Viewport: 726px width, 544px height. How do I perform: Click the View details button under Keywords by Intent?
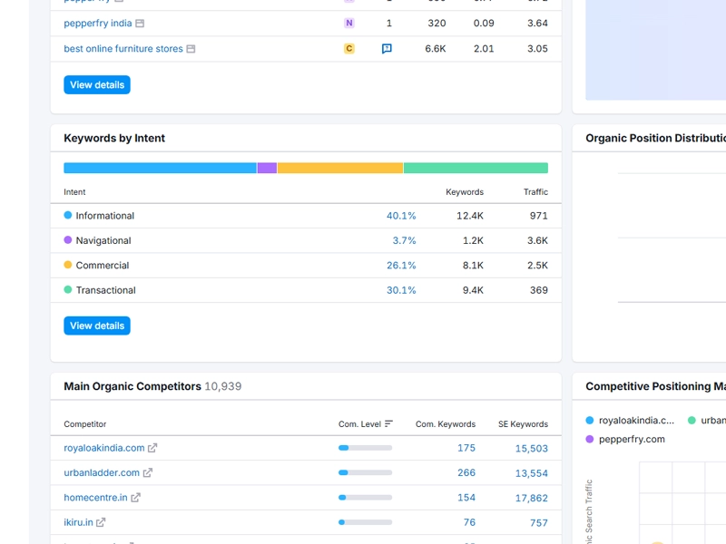(x=97, y=325)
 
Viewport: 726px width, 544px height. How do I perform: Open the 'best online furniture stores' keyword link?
(x=123, y=49)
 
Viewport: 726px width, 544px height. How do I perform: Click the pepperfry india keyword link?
(x=97, y=24)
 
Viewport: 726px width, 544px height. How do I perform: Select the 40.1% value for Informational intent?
(x=401, y=216)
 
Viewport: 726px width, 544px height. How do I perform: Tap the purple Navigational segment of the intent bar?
(x=267, y=168)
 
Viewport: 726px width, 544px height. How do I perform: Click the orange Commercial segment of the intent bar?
(x=339, y=168)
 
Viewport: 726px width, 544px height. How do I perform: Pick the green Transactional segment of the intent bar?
(x=476, y=168)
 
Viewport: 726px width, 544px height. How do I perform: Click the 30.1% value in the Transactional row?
(x=401, y=290)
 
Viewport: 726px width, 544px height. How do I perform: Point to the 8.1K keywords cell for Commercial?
(x=473, y=266)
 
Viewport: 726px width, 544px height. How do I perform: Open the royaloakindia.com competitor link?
(x=104, y=448)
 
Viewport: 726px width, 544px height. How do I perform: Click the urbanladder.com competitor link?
(x=102, y=472)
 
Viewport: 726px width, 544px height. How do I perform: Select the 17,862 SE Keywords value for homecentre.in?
(x=531, y=498)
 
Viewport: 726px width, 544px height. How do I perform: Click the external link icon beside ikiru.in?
(x=101, y=522)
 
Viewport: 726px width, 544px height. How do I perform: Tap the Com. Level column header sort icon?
(x=389, y=423)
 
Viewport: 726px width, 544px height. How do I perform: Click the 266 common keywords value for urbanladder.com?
(x=466, y=472)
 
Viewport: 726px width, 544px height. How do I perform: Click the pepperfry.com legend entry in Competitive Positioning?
(x=631, y=439)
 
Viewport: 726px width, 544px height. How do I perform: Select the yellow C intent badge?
(x=349, y=49)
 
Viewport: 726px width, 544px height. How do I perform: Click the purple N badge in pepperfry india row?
(x=349, y=24)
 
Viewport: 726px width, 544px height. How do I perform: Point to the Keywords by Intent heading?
(x=114, y=138)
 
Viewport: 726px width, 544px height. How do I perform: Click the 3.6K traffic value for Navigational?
(x=537, y=240)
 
